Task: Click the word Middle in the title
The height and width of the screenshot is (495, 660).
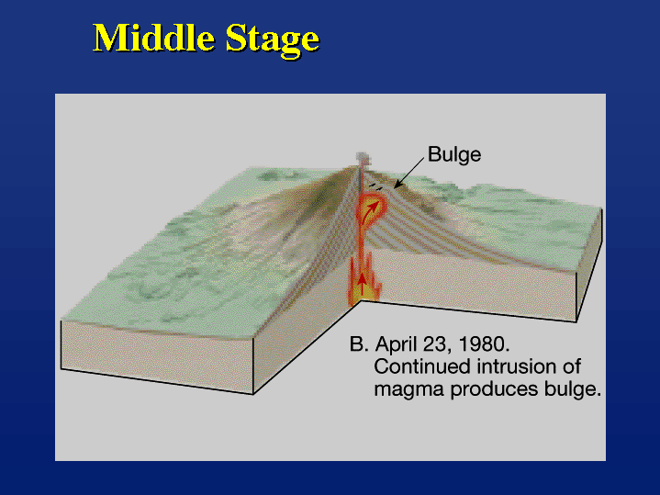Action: point(153,38)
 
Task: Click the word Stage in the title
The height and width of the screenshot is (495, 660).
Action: point(273,39)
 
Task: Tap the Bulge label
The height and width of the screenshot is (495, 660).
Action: point(454,155)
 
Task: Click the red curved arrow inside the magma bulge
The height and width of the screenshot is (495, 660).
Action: point(372,208)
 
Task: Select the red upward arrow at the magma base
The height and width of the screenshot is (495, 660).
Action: point(361,284)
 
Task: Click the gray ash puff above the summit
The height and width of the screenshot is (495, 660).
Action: point(363,158)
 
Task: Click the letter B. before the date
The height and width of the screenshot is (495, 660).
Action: point(359,344)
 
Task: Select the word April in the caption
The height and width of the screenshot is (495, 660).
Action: point(397,345)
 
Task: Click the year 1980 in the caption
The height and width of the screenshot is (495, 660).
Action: point(483,344)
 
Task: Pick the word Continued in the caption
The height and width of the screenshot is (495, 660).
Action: point(422,366)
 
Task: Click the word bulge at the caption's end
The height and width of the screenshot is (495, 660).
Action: point(570,388)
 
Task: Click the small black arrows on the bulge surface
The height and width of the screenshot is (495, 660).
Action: point(375,186)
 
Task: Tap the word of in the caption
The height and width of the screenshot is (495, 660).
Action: point(572,366)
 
